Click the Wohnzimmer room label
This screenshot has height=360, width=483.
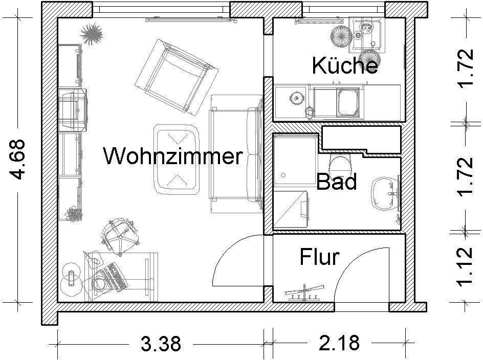click(x=172, y=155)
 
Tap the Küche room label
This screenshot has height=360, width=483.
click(x=345, y=65)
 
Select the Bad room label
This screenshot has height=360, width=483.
click(x=336, y=182)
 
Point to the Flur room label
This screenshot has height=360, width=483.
click(x=319, y=257)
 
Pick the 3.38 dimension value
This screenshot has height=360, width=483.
click(x=161, y=343)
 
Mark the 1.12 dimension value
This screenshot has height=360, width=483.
click(x=466, y=267)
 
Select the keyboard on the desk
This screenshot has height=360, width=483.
click(x=115, y=277)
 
